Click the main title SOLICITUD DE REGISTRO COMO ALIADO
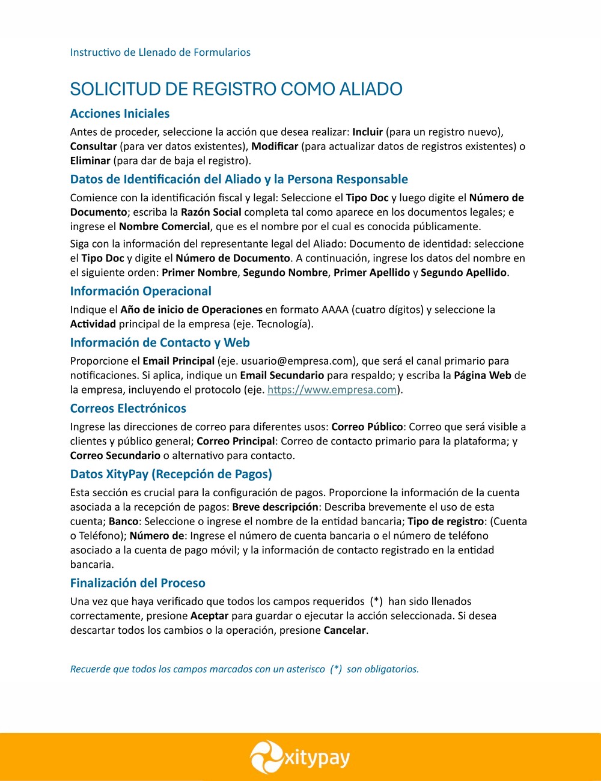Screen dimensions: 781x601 coord(236,89)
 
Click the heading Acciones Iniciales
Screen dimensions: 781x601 coord(120,114)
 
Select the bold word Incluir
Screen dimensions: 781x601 coord(367,132)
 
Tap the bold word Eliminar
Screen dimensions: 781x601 coord(90,160)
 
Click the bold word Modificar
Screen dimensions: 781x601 coord(275,146)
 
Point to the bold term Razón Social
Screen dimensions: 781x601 coord(211,212)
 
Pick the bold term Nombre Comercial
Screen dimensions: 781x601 coord(165,226)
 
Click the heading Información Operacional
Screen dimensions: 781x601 coord(141,291)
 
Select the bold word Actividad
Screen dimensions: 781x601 coord(93,324)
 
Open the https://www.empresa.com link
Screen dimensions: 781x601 coord(332,390)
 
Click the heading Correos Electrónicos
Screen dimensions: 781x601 coord(128,409)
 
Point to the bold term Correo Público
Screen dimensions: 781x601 coord(367,427)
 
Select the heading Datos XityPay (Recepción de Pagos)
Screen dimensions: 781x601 coord(171,474)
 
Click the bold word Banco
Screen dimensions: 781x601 coord(124,521)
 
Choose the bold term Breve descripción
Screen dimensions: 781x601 coord(275,506)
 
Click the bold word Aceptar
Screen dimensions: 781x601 coord(209,616)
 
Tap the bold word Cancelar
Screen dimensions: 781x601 coord(344,630)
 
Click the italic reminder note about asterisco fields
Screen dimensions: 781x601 coord(245,669)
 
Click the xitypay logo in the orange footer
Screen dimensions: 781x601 coord(300,757)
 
